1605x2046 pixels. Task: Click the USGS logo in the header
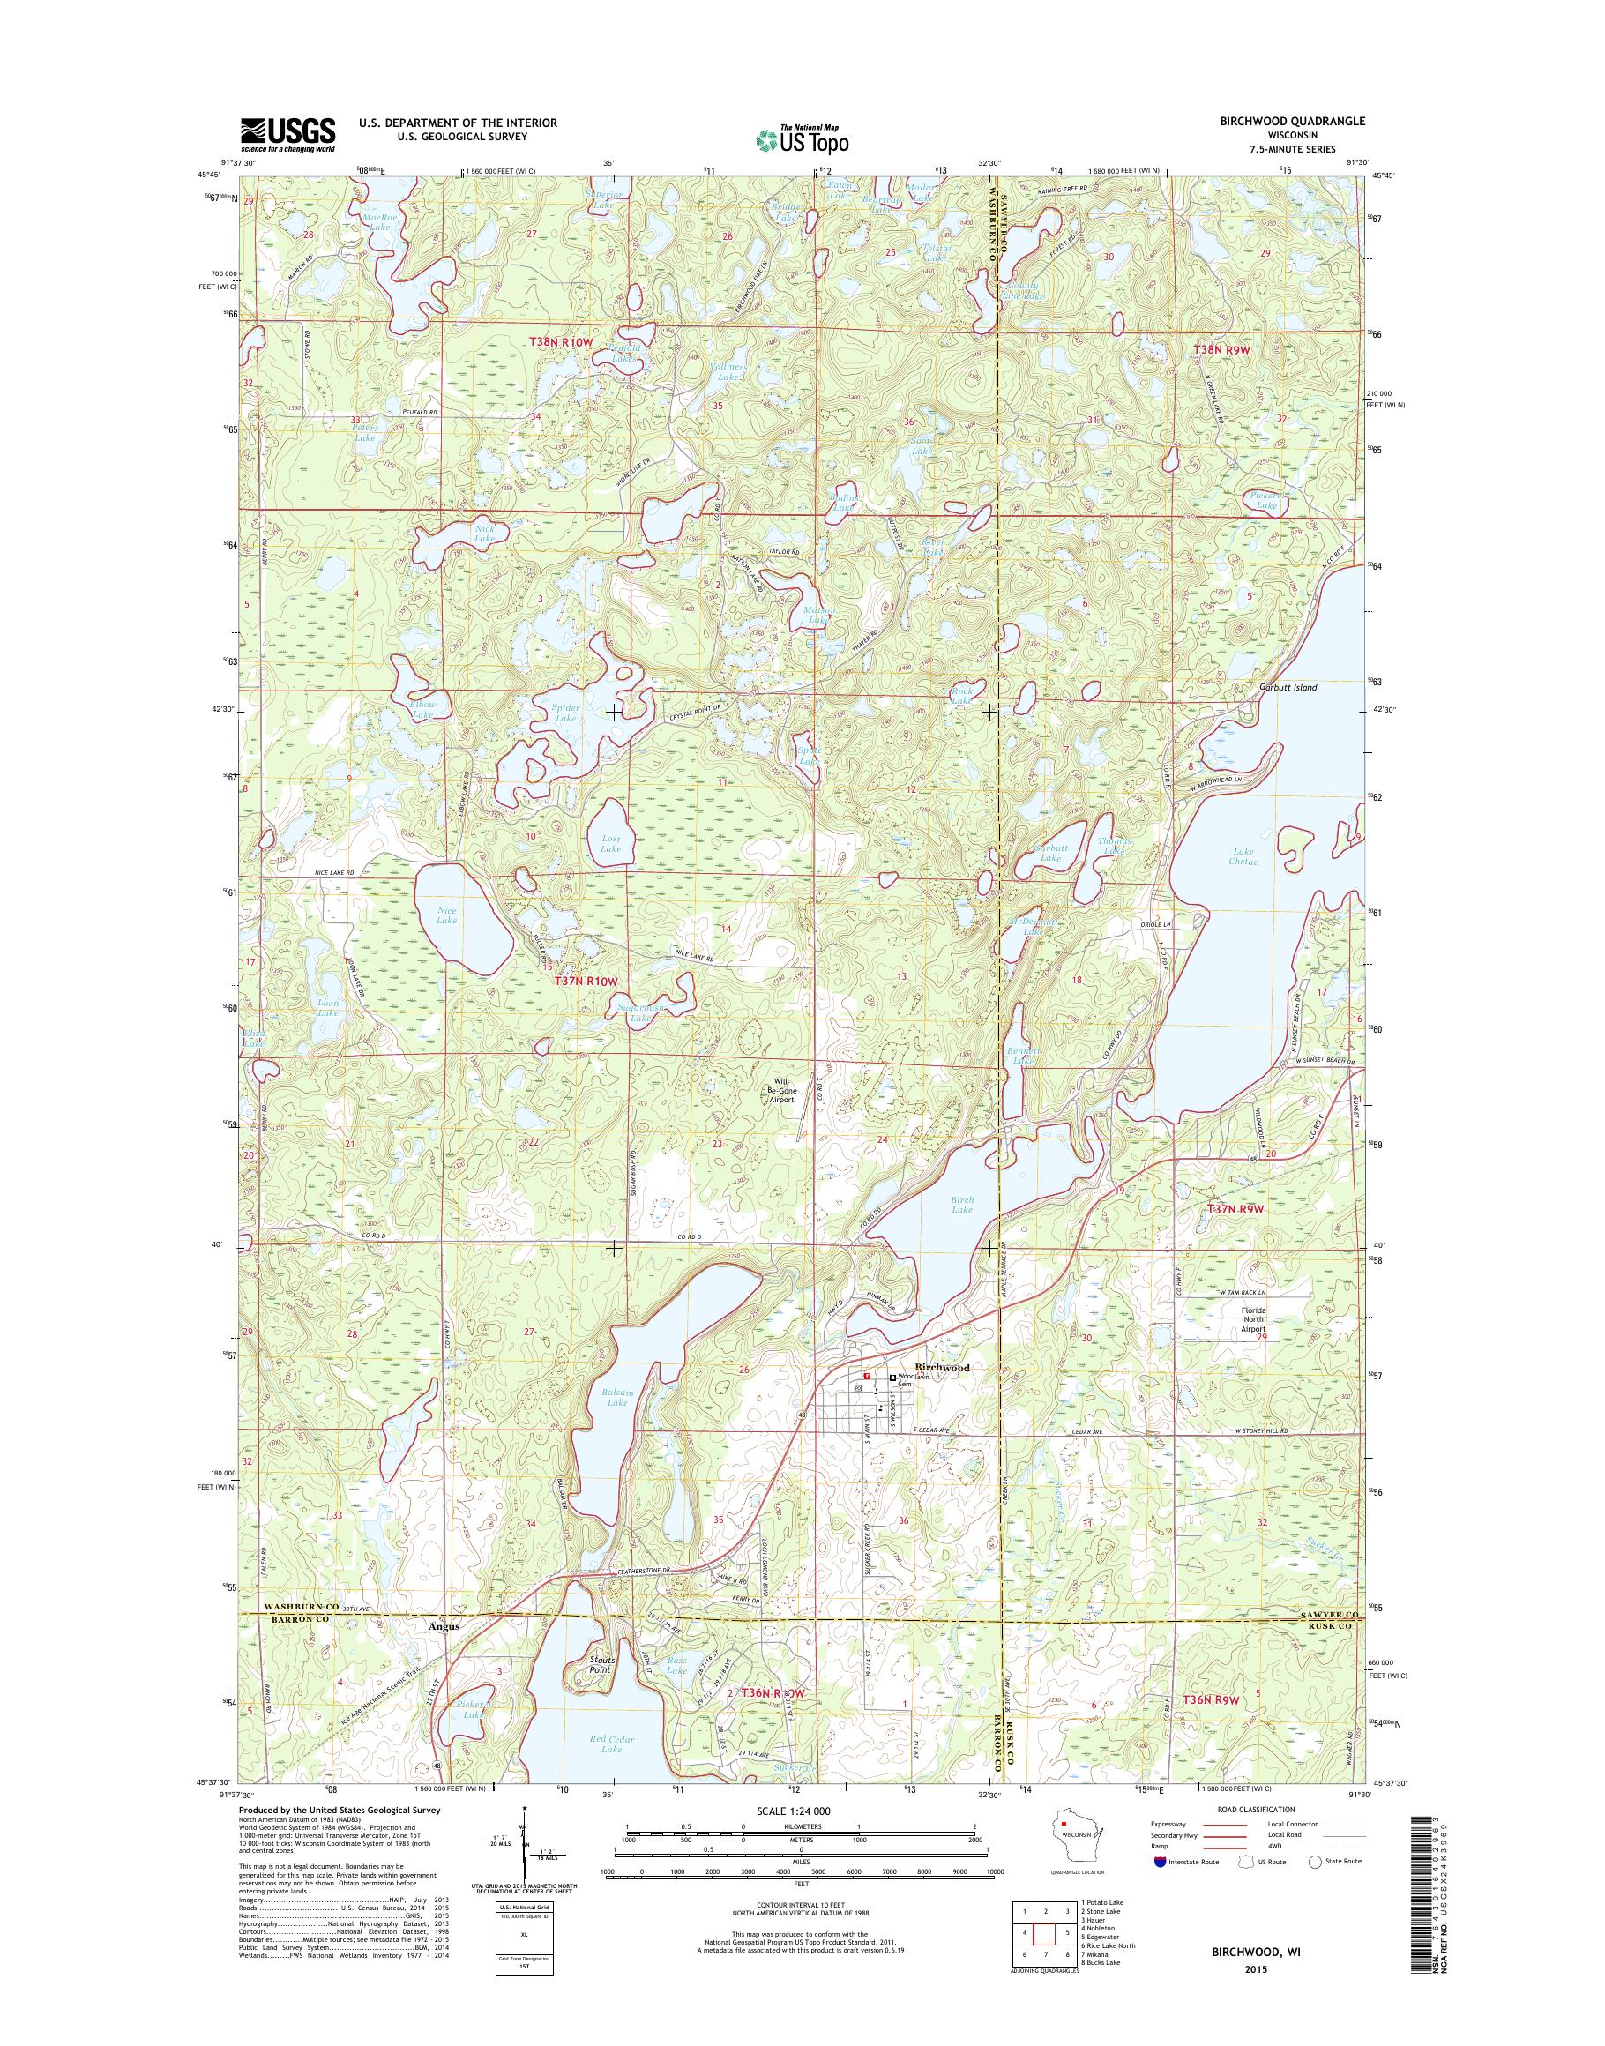[287, 135]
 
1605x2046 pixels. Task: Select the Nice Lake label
[447, 915]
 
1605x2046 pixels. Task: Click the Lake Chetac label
[1244, 856]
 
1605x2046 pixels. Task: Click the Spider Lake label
[564, 713]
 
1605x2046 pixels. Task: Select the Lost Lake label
[611, 843]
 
